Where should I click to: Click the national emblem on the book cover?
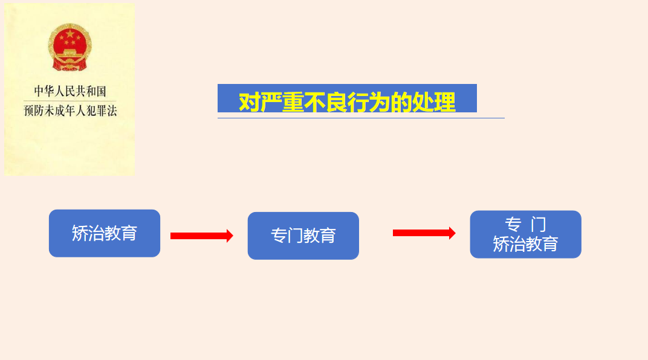coord(70,47)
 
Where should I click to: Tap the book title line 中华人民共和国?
coord(70,91)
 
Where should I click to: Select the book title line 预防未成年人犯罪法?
coord(70,111)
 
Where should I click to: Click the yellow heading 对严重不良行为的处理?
coord(347,101)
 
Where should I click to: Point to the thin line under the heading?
coord(361,118)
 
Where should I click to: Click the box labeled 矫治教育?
coord(105,233)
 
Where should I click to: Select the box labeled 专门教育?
coord(303,236)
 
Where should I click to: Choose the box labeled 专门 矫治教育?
coord(525,234)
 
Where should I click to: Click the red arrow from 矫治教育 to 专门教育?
coord(201,236)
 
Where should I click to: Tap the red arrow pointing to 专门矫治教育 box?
coord(424,233)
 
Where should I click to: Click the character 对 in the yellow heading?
coord(249,102)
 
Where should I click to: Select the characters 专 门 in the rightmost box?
coord(525,225)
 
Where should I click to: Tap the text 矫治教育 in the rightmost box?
coord(525,244)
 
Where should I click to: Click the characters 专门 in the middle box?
coord(287,236)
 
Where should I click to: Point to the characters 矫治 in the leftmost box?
coord(88,233)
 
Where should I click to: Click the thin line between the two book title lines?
coord(70,101)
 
